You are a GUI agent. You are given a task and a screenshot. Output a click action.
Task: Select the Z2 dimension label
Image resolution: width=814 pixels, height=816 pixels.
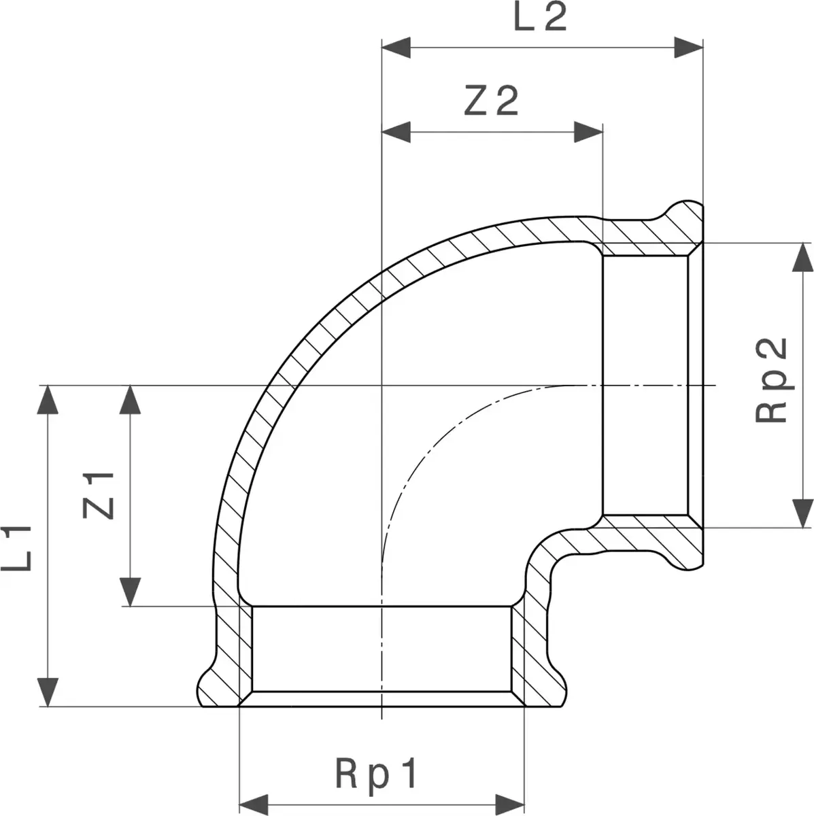coord(491,101)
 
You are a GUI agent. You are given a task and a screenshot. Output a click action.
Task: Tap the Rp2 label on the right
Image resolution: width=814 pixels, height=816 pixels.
coord(772,380)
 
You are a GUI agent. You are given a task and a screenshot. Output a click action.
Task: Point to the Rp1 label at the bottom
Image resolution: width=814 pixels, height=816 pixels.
coord(375,775)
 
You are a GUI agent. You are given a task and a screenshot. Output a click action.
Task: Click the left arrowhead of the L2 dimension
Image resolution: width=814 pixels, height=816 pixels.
coord(396,48)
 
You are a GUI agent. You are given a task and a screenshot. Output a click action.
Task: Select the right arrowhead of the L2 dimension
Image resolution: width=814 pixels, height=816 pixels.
coord(688,48)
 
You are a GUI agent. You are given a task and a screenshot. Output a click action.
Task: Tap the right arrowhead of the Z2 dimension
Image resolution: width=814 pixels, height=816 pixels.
coord(588,132)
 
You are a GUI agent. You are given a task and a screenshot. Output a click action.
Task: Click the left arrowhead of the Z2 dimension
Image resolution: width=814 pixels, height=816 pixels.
coord(396,132)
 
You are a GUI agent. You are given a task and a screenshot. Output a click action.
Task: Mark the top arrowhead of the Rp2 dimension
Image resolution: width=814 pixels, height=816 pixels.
coord(802,257)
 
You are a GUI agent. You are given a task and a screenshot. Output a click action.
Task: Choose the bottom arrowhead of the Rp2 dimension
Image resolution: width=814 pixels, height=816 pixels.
coord(802,513)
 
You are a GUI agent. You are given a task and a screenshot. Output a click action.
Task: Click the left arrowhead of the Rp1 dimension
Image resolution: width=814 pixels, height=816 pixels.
coord(254,804)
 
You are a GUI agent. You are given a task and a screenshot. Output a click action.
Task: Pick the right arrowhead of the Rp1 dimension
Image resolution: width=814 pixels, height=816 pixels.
coord(510,804)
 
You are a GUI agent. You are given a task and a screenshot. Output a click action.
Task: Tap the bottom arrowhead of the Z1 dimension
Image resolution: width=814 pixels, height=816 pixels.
coord(130,592)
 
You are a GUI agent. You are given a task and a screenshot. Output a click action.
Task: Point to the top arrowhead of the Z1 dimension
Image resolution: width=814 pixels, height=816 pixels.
coord(130,399)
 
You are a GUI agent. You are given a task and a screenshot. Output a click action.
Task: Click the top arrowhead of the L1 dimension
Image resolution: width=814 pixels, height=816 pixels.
coord(48,399)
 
